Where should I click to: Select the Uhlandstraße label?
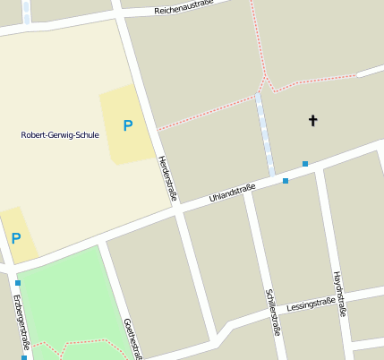232,193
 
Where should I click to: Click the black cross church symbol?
313,120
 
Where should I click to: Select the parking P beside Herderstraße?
127,125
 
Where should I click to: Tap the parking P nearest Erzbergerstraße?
15,238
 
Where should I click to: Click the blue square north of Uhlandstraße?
305,164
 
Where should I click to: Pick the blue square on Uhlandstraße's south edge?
286,181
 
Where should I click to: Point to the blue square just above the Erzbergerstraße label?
17,283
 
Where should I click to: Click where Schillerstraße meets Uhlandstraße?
251,188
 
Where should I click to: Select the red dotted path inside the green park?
85,342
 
